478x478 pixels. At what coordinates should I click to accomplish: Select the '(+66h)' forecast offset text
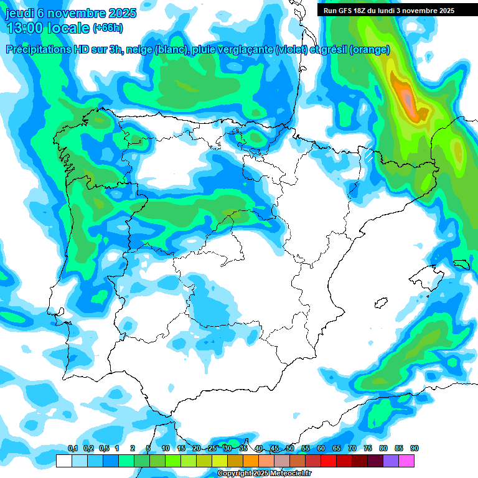(107, 28)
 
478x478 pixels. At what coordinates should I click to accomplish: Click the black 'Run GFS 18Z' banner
(388, 10)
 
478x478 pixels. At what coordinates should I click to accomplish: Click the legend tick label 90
(415, 449)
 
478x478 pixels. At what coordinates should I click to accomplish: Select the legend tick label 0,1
(72, 449)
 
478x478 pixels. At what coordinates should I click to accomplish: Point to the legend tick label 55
(306, 449)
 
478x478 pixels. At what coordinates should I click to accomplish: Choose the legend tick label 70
(352, 449)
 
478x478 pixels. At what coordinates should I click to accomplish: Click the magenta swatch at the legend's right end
(406, 461)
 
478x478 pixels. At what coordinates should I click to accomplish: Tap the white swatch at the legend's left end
(63, 461)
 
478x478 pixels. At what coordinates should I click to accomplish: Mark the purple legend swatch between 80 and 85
(391, 461)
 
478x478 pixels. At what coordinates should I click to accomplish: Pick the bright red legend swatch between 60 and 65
(329, 461)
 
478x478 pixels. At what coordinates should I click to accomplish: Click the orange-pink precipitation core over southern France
(407, 98)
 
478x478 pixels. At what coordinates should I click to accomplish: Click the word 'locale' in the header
(68, 27)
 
